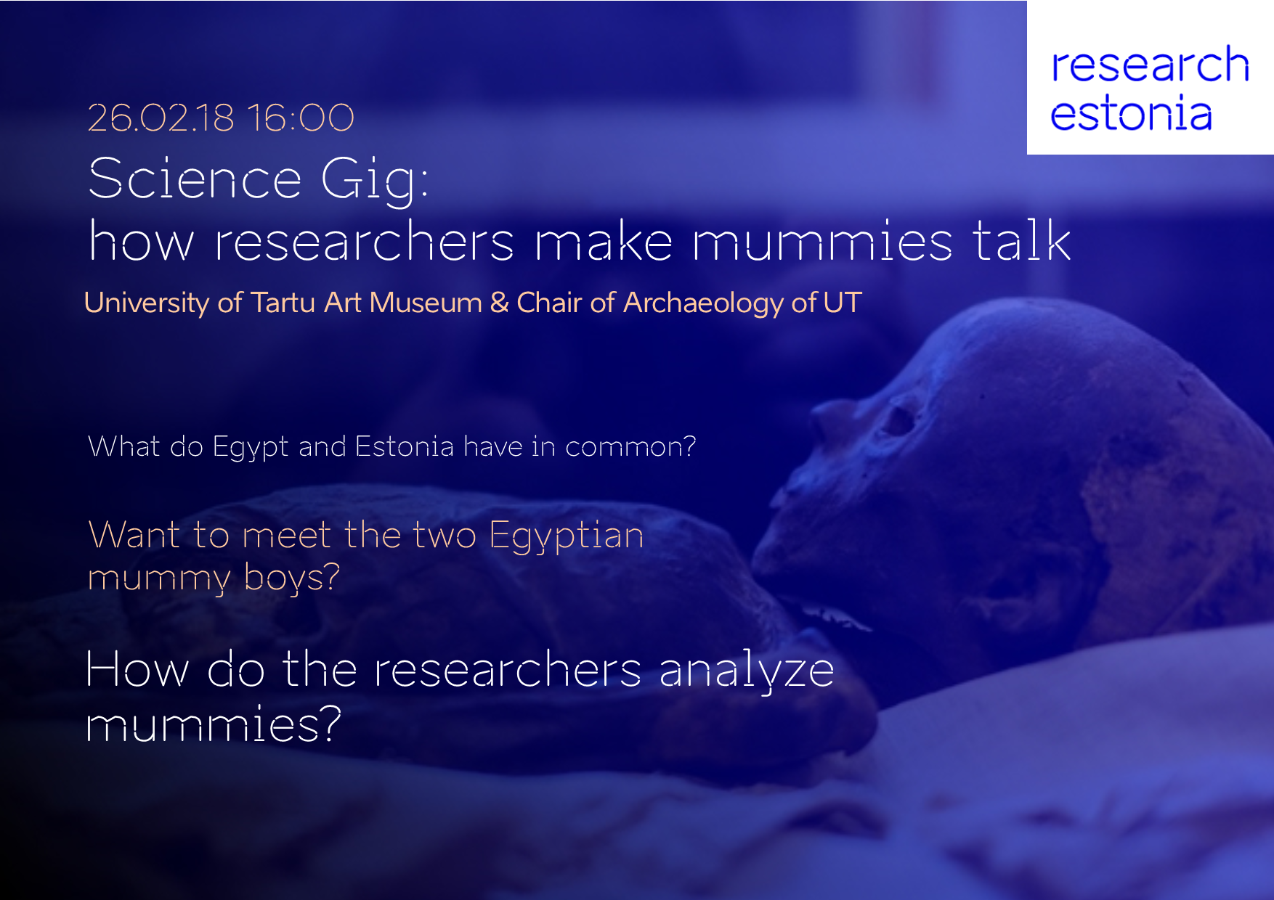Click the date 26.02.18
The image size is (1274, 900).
161,118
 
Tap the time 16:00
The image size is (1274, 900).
300,118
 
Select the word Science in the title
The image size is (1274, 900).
195,178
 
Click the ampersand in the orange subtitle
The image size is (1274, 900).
499,303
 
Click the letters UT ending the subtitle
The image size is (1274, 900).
843,303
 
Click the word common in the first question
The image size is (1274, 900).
630,447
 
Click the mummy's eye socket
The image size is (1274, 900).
899,420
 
